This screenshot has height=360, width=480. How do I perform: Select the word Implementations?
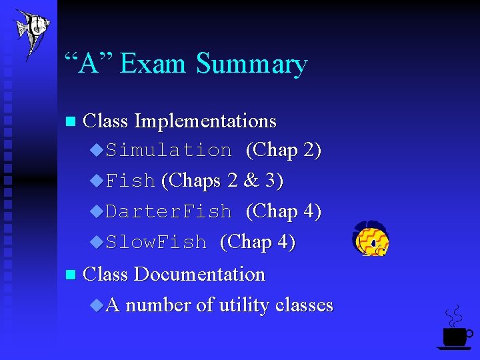click(205, 121)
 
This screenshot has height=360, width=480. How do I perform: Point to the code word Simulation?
click(169, 151)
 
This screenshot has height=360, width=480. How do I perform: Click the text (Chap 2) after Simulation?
click(283, 151)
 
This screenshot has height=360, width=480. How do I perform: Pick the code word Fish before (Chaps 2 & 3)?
click(131, 181)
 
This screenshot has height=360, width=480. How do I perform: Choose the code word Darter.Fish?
click(169, 212)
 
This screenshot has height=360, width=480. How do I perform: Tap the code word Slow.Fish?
click(156, 243)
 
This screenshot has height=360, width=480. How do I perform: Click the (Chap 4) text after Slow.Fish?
click(257, 243)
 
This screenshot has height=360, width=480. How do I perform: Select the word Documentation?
click(199, 275)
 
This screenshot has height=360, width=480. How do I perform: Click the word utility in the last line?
click(243, 305)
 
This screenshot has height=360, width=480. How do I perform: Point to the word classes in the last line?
click(304, 305)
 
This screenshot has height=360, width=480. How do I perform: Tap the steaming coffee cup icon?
click(455, 329)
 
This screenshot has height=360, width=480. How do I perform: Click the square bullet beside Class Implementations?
click(69, 122)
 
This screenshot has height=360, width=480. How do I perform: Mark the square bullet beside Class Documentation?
click(69, 275)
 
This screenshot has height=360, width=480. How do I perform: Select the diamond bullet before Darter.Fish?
click(97, 211)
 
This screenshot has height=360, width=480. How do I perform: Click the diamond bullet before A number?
click(97, 305)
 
